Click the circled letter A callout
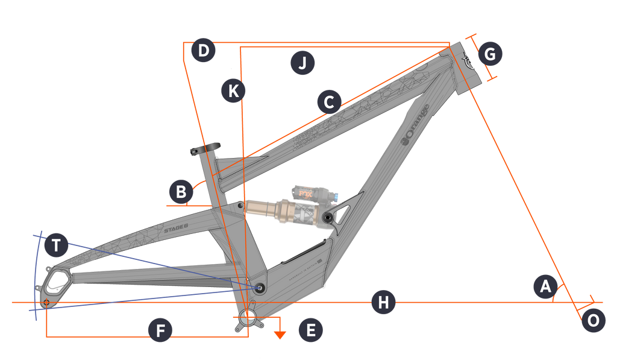click(545, 286)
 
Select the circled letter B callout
click(180, 192)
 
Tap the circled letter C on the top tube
click(328, 102)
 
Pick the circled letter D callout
click(203, 51)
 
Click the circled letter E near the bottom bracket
click(311, 330)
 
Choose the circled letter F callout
click(160, 330)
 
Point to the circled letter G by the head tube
click(490, 54)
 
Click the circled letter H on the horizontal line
click(383, 303)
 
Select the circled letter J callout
click(302, 62)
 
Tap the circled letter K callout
click(233, 90)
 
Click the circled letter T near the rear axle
click(55, 245)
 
